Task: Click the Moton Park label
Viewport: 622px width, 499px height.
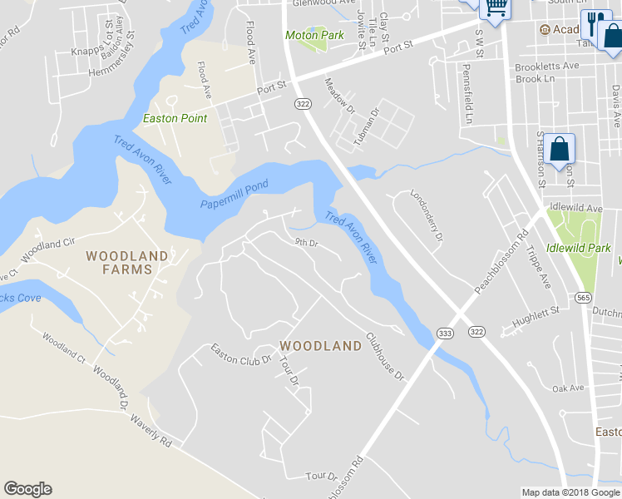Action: (314, 36)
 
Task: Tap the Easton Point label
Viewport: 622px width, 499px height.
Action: (175, 118)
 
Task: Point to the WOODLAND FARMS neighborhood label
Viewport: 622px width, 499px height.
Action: (127, 262)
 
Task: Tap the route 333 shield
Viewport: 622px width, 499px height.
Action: (446, 331)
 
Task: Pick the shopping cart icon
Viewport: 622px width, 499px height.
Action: (496, 7)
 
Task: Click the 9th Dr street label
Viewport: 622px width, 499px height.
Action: (307, 243)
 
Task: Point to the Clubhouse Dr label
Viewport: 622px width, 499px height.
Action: (385, 357)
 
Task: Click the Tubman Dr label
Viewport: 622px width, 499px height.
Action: (366, 127)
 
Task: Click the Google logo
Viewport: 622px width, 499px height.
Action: (27, 489)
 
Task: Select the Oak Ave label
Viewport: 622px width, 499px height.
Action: (569, 388)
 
